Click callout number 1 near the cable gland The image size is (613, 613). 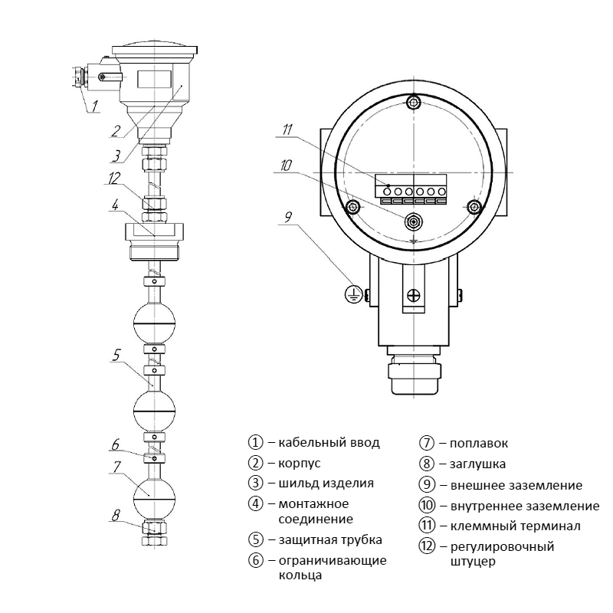point(95,107)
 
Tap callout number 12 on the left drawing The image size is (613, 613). point(114,179)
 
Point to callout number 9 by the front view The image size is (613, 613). point(288,217)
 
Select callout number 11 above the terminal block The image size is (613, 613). point(288,130)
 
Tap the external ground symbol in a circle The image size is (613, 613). point(352,293)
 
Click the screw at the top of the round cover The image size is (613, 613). point(414,103)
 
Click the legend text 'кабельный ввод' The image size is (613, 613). point(329,443)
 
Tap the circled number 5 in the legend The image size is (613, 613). point(256,539)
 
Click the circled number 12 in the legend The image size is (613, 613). point(427,546)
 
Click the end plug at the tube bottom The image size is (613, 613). point(156,533)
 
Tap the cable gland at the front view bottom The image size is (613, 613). point(414,375)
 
